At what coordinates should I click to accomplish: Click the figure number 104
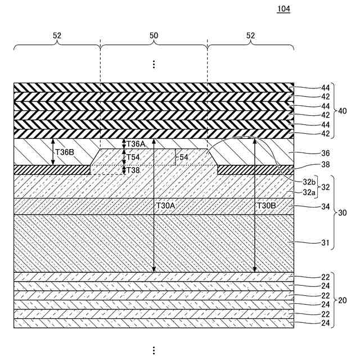pyautogui.click(x=284, y=10)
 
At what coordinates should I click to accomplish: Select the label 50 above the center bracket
pyautogui.click(x=154, y=35)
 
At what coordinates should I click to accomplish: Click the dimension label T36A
pyautogui.click(x=136, y=144)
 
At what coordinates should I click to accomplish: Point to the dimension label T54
pyautogui.click(x=133, y=157)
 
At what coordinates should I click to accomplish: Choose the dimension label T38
pyautogui.click(x=133, y=170)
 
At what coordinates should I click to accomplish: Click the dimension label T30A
pyautogui.click(x=165, y=206)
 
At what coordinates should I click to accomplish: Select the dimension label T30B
pyautogui.click(x=267, y=206)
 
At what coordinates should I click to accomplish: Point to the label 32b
pyautogui.click(x=309, y=182)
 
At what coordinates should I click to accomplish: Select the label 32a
pyautogui.click(x=309, y=192)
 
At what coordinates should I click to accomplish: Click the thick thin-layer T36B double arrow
pyautogui.click(x=53, y=152)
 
